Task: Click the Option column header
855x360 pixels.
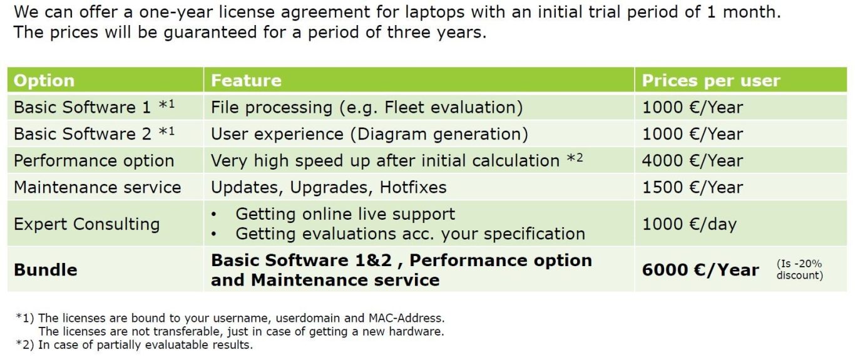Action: pyautogui.click(x=44, y=81)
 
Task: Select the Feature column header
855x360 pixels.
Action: pyautogui.click(x=246, y=81)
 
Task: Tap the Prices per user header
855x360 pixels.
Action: pyautogui.click(x=710, y=81)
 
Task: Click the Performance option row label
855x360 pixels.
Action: pyautogui.click(x=94, y=161)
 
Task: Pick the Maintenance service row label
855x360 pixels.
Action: pyautogui.click(x=98, y=187)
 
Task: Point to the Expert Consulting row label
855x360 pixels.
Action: pyautogui.click(x=86, y=224)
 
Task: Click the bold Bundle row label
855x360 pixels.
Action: pyautogui.click(x=46, y=270)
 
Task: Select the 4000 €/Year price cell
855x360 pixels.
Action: pyautogui.click(x=692, y=161)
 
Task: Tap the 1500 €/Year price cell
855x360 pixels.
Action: pyautogui.click(x=692, y=187)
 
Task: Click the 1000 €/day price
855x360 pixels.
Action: pyautogui.click(x=689, y=224)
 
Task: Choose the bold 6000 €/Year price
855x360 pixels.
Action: pyautogui.click(x=700, y=270)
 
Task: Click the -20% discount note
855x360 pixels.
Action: pyautogui.click(x=800, y=269)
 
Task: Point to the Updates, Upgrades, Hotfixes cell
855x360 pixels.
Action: pyautogui.click(x=329, y=187)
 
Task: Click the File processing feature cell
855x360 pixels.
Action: pyautogui.click(x=367, y=107)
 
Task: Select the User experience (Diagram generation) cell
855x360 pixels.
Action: pyautogui.click(x=369, y=134)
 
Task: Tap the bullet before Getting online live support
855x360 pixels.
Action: pyautogui.click(x=214, y=215)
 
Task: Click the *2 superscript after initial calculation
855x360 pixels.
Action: pyautogui.click(x=575, y=158)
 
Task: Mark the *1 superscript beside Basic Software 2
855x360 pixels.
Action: pyautogui.click(x=166, y=131)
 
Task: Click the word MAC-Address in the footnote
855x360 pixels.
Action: pyautogui.click(x=406, y=318)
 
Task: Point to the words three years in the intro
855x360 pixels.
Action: pyautogui.click(x=437, y=33)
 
